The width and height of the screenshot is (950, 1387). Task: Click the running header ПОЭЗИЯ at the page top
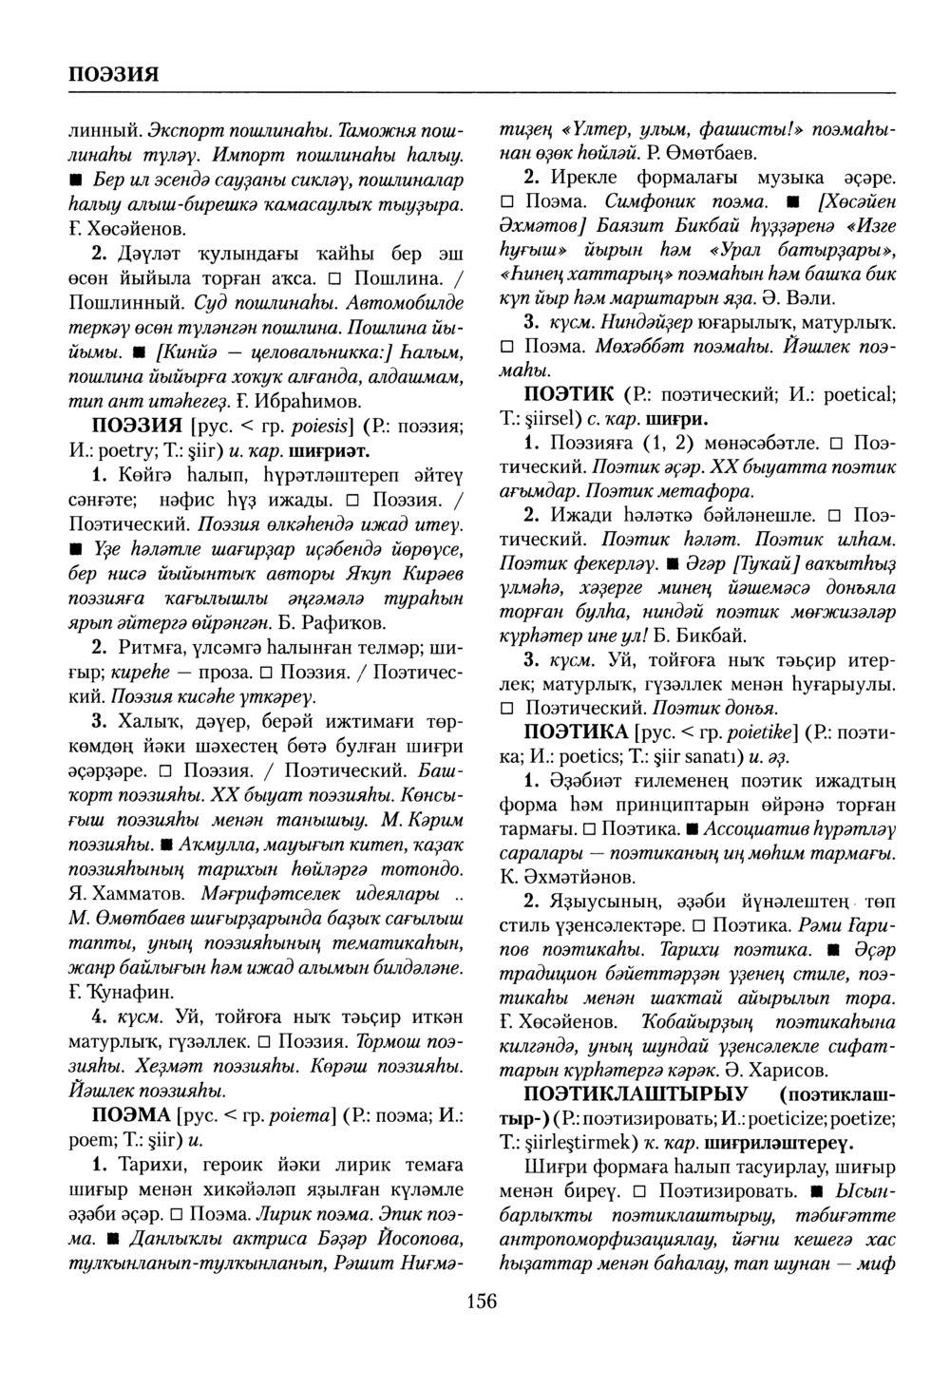pyautogui.click(x=113, y=74)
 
